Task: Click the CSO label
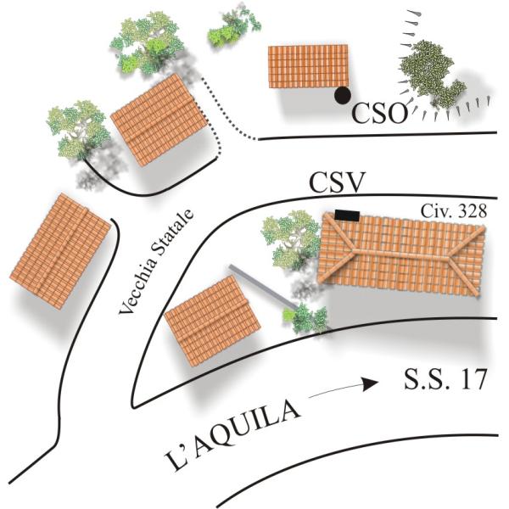click(x=380, y=113)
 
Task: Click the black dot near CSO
click(x=343, y=95)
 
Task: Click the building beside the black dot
click(x=308, y=66)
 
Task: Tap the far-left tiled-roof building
click(x=59, y=251)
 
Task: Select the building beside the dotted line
click(x=159, y=120)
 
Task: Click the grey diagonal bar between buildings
click(x=263, y=289)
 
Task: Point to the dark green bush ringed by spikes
click(x=431, y=77)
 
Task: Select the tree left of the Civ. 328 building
click(x=290, y=238)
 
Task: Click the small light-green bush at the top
click(x=231, y=28)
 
